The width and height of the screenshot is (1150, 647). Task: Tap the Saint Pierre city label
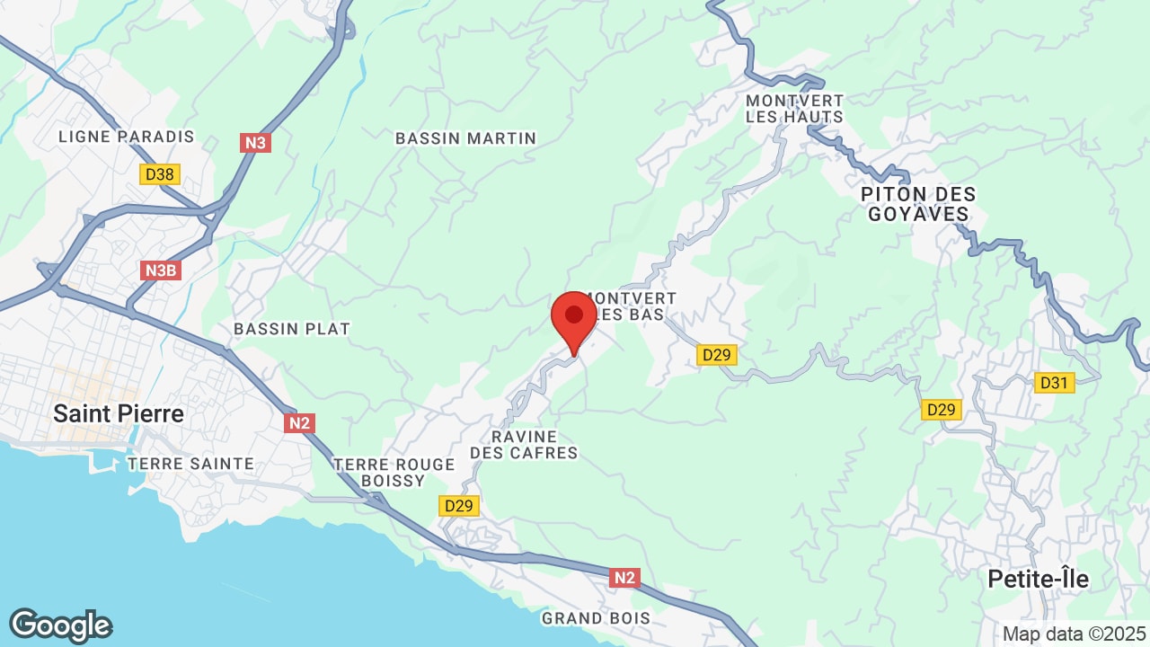pos(119,414)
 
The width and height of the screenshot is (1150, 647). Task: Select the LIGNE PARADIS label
pos(126,137)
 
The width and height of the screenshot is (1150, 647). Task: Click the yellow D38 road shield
pos(159,174)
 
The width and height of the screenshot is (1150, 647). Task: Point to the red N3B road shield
pos(162,270)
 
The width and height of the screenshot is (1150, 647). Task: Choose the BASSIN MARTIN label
pos(465,138)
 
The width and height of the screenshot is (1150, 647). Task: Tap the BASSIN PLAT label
pos(291,329)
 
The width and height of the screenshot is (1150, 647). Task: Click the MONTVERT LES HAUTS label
pos(794,109)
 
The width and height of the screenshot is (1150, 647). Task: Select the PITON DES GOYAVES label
pos(917,204)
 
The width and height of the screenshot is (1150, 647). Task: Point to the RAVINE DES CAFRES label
pos(524,445)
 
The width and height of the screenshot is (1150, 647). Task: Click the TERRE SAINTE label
pos(190,464)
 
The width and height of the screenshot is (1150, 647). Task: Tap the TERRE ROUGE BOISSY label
pos(394,473)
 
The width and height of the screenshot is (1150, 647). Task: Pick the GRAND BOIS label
pos(595,618)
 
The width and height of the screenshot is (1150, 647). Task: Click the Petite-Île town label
pos(1038,580)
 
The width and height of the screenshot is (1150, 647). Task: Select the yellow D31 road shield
pos(1054,383)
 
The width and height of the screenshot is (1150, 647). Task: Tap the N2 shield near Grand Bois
pos(624,578)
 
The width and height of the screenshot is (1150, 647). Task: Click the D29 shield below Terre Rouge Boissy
pos(458,506)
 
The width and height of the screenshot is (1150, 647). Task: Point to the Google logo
pos(60,625)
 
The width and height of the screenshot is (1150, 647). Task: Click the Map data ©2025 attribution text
pos(1074,634)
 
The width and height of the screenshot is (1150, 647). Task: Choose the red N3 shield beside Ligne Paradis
pos(256,143)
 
